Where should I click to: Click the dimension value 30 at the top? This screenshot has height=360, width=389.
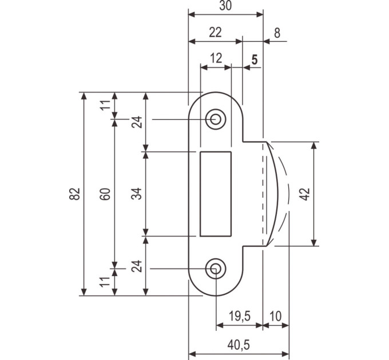[x=225, y=6]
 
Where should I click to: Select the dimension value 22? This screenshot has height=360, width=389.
[x=215, y=33]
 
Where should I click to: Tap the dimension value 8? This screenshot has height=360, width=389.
[x=277, y=33]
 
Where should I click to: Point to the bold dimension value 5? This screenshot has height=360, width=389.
[x=255, y=59]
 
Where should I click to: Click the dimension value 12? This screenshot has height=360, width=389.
[x=216, y=58]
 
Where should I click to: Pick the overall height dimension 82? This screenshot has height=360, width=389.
[x=75, y=194]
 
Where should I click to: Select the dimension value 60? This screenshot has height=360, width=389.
[x=105, y=194]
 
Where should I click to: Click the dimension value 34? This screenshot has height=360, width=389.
[x=137, y=194]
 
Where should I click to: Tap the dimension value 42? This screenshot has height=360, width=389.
[x=305, y=194]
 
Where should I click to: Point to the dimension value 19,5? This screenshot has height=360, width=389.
[x=239, y=316]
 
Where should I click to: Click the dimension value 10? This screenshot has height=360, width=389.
[x=275, y=316]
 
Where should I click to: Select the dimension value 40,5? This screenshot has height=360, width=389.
[x=239, y=345]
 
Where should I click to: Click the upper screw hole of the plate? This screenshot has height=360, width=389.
[x=215, y=119]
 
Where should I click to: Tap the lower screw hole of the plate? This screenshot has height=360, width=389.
[x=215, y=269]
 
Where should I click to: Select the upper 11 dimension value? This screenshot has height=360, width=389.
[x=105, y=105]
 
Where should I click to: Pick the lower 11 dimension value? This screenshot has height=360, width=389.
[x=105, y=282]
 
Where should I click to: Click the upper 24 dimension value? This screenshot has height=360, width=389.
[x=137, y=122]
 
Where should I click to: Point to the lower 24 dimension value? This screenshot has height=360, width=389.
[x=137, y=266]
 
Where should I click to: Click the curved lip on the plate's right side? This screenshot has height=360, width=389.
[x=279, y=194]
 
